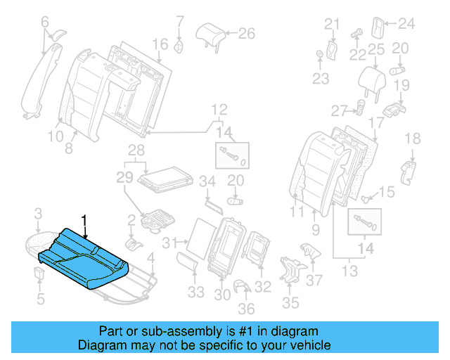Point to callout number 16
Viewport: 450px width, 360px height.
pyautogui.click(x=160, y=44)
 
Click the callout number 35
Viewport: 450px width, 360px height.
pyautogui.click(x=290, y=304)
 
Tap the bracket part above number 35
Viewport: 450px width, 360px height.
pyautogui.click(x=289, y=271)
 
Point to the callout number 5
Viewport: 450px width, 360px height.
pyautogui.click(x=40, y=299)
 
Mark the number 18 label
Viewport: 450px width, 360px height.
pyautogui.click(x=413, y=139)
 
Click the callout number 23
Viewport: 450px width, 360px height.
pyautogui.click(x=321, y=79)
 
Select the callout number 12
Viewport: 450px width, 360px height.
pyautogui.click(x=220, y=109)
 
